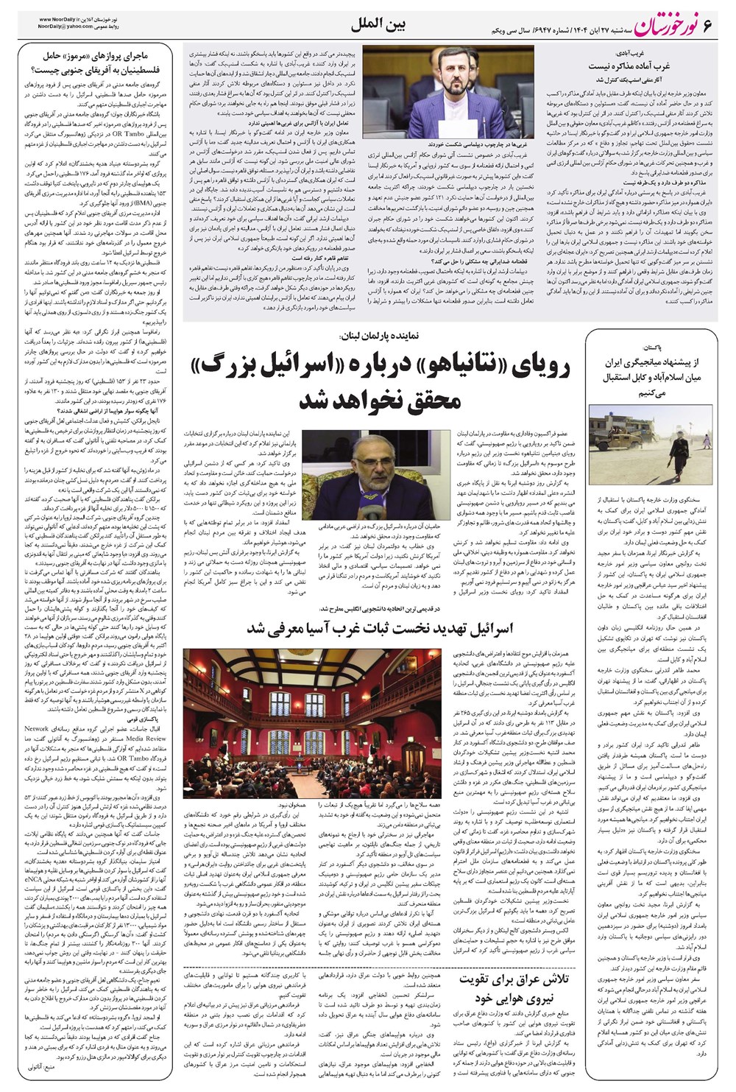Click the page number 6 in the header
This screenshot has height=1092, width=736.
(710, 27)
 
